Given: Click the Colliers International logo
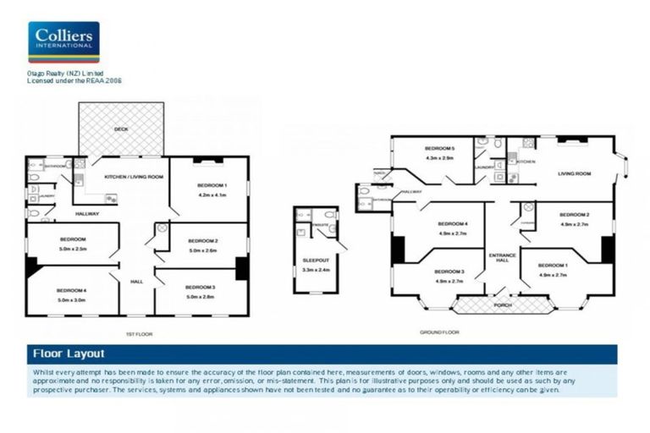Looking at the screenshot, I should point(63,42).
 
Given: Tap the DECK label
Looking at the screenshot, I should point(121,129).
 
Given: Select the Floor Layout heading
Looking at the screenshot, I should point(68,354).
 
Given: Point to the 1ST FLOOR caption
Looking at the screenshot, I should point(138,334).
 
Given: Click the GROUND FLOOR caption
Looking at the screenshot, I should point(439,332).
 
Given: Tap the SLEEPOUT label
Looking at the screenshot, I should point(315,260).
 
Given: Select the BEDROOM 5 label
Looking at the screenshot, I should point(439,148).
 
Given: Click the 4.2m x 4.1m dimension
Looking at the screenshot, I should point(212,195).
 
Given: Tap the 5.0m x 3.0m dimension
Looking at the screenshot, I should point(72,300).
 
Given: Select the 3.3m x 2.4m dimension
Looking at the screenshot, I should point(315,270).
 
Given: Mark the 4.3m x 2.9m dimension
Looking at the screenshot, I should point(439,157).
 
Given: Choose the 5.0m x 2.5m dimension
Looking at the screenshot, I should point(73,249).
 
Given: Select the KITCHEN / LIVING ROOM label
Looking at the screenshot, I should point(133,177).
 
